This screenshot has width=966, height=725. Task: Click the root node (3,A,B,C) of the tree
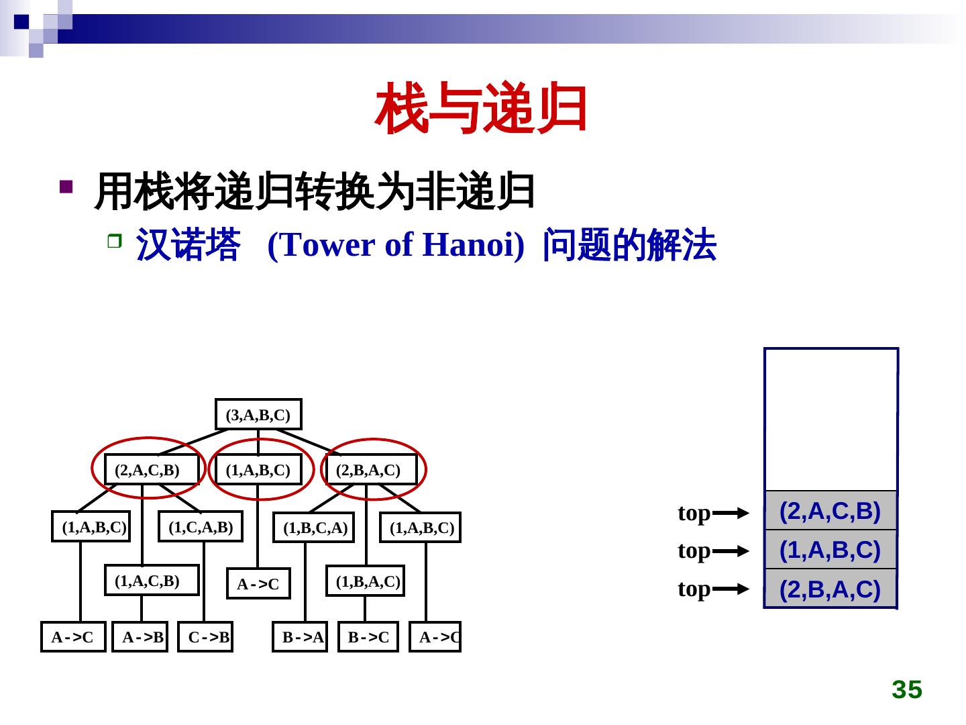coord(258,415)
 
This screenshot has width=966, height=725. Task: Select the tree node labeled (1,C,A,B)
coord(201,528)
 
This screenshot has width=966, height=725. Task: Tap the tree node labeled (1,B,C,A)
coord(314,528)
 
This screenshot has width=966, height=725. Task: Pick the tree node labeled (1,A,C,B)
coord(152,581)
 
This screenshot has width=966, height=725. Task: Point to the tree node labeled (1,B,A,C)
coord(366,581)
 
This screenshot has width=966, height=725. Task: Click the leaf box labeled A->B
coord(140,637)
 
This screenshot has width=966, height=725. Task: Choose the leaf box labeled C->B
coord(206,637)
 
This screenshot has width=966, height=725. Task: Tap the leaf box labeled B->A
coord(301,637)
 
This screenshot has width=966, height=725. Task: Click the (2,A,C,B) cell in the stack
coord(830,512)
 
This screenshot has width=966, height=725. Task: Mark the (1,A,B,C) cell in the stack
coord(830,550)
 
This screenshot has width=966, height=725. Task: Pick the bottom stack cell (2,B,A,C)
coord(830,589)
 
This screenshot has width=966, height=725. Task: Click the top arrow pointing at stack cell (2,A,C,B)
coord(731,514)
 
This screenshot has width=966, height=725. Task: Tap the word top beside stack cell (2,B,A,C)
coord(694,589)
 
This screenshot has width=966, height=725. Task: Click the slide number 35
coord(907,690)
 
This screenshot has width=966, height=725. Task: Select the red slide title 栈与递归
coord(482,109)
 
